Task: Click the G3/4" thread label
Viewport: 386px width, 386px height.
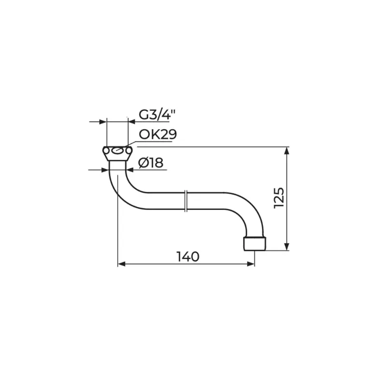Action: (157, 115)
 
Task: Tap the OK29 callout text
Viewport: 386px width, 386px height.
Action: (158, 135)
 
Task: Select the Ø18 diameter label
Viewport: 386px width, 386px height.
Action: (151, 163)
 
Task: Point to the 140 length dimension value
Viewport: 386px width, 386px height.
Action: (188, 257)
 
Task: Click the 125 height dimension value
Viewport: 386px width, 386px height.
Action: (279, 198)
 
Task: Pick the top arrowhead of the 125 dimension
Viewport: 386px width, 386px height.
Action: (286, 151)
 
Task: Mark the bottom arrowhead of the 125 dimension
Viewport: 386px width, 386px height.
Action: (286, 247)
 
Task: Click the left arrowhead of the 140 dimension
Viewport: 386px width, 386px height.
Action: (122, 264)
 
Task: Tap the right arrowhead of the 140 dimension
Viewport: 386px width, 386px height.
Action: (250, 264)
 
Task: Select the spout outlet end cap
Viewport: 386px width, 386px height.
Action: (255, 244)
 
